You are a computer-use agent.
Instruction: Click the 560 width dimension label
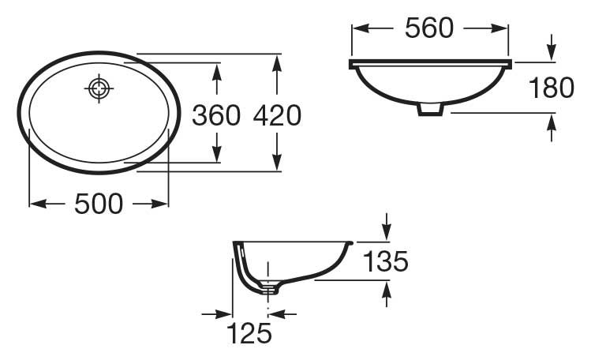pos(429,28)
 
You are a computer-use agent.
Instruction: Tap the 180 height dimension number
pos(552,88)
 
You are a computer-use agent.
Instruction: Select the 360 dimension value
pos(216,115)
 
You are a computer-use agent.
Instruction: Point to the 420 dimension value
pos(277,115)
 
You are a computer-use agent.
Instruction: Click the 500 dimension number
pos(99,204)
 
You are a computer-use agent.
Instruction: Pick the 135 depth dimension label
pos(386,261)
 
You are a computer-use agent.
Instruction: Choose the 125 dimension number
pos(249,333)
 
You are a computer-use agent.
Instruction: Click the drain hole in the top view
pos(99,88)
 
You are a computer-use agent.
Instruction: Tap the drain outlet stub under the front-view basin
pos(430,109)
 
